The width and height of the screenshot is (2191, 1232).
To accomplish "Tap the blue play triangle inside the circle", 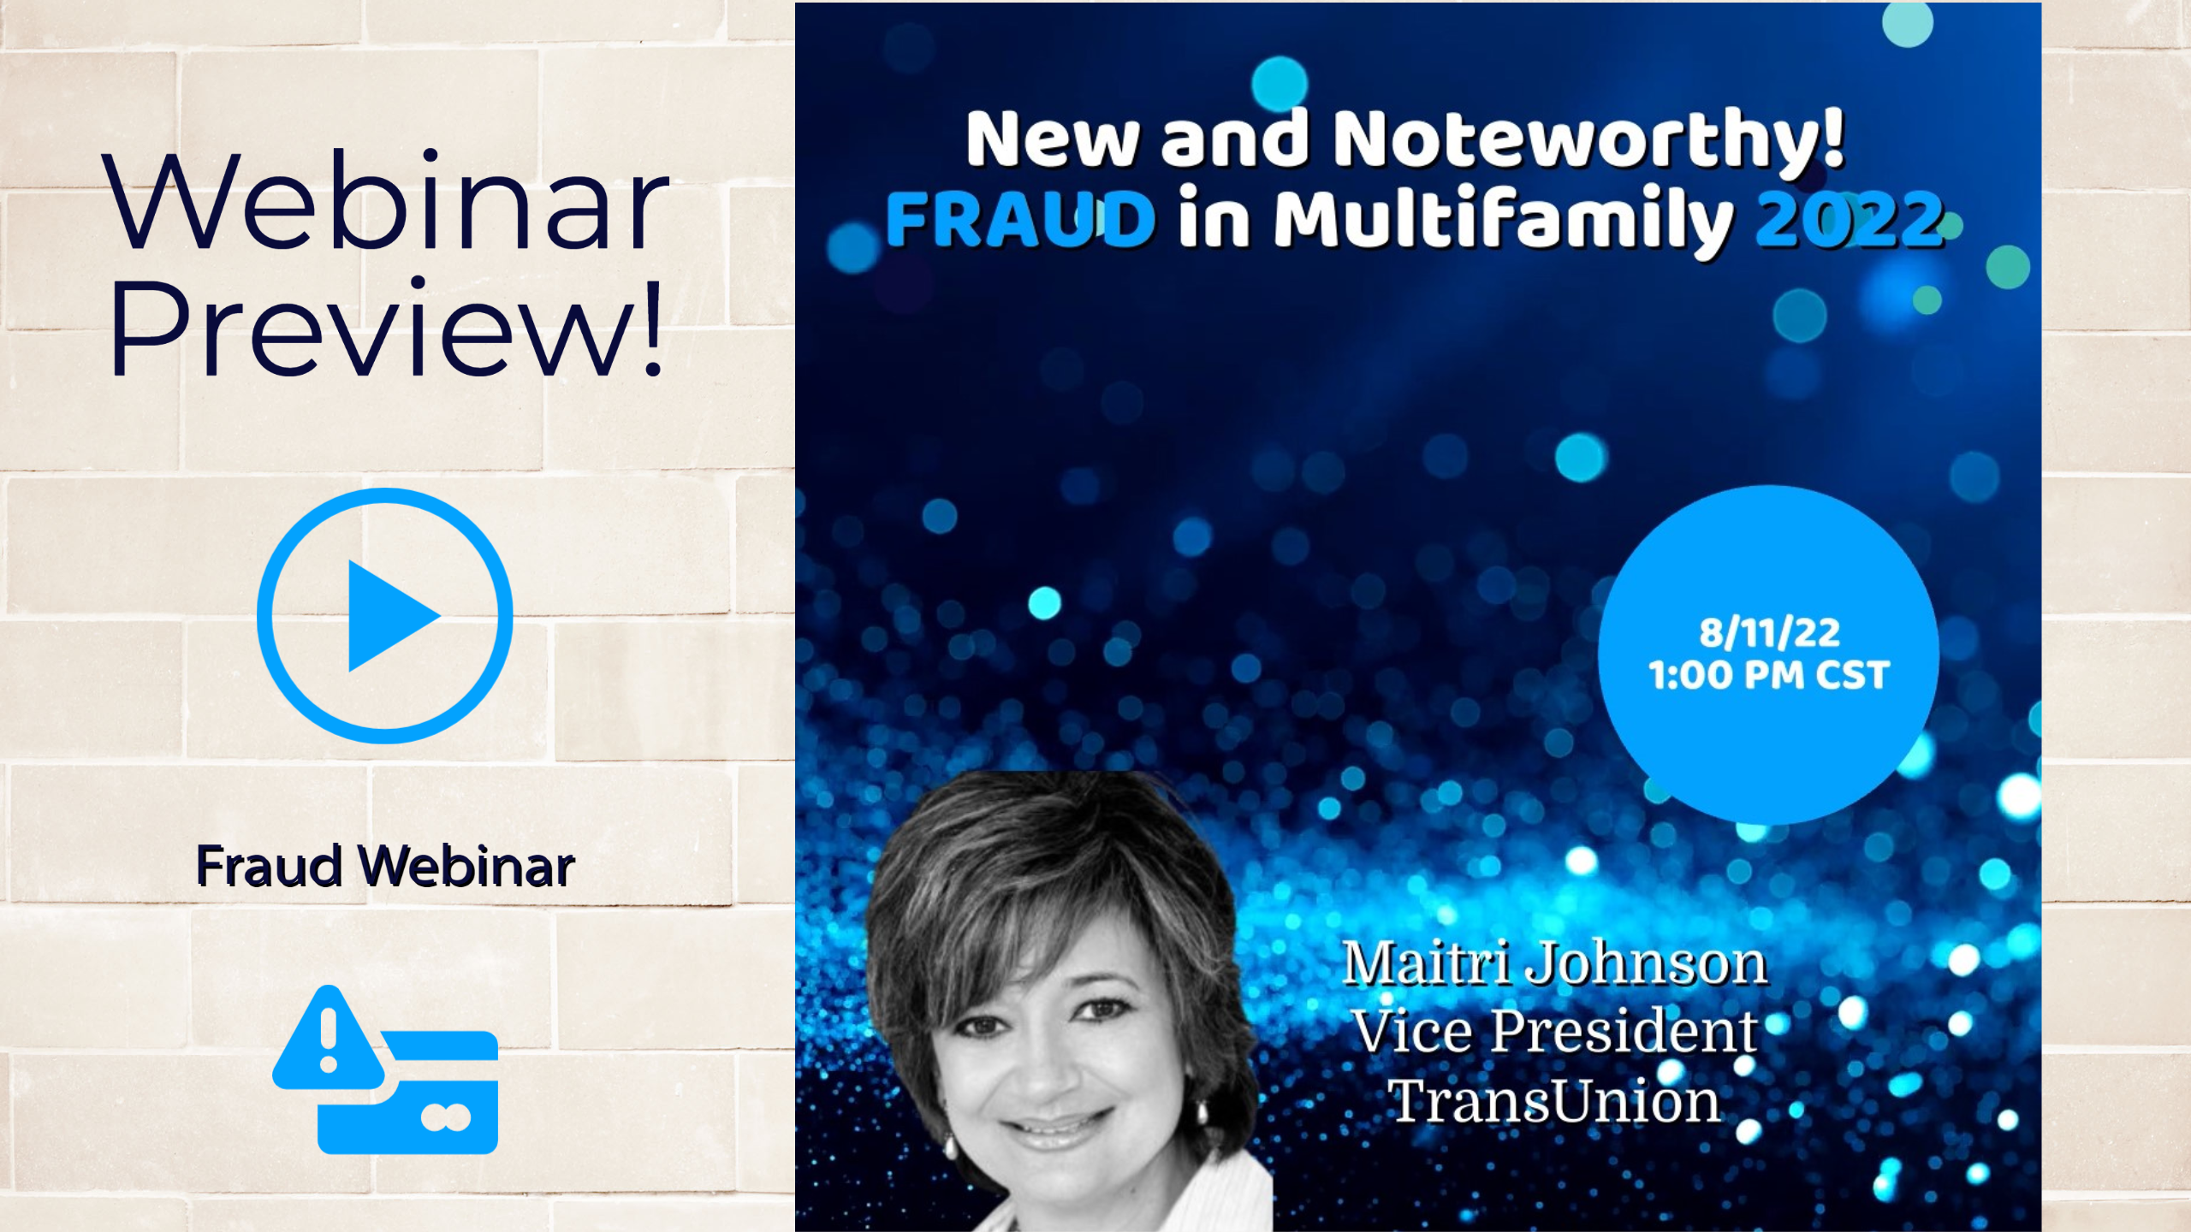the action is point(392,616).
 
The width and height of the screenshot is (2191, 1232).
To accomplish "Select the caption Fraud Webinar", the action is point(385,866).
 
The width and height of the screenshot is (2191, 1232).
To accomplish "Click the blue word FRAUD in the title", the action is point(1020,219).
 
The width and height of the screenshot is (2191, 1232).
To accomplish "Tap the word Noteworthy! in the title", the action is point(1588,139).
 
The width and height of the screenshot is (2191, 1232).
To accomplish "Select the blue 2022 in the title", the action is point(1850,219).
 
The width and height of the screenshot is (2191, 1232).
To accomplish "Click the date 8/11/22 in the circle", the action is point(1769,633).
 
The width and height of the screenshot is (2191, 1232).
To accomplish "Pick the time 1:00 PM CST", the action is point(1768,675).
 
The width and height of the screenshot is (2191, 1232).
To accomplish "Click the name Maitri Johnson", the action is point(1555,964).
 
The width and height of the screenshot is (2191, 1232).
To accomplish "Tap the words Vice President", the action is point(1555,1031).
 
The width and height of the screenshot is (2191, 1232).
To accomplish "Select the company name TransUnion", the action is point(1553,1100).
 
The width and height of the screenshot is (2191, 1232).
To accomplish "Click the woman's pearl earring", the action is point(947,1145).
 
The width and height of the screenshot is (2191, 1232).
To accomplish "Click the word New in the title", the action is point(1053,139).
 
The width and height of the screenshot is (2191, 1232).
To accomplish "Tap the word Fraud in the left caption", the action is point(270,866).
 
